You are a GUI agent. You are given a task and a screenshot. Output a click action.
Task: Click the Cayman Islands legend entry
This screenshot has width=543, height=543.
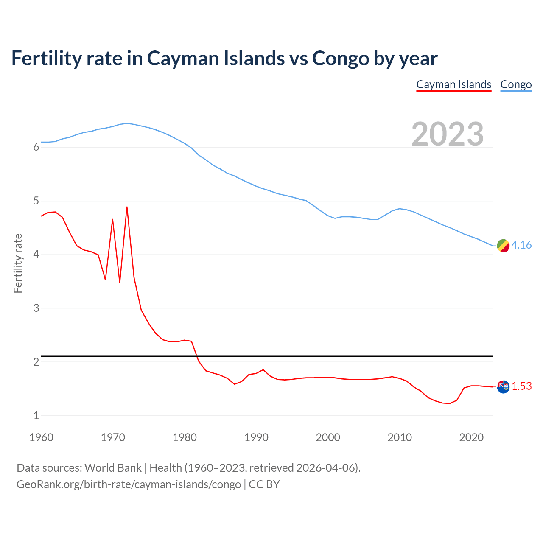point(453,84)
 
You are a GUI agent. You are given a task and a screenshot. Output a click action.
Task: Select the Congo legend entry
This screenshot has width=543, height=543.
point(516,84)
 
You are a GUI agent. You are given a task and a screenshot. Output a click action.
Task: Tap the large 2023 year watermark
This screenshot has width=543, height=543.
point(448,134)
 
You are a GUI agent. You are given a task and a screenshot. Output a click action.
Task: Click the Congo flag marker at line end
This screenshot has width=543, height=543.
point(503,245)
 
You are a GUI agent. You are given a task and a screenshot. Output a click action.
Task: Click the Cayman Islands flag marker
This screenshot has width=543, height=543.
point(503,386)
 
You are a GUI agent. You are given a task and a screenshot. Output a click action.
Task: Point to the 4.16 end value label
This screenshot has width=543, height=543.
point(521,245)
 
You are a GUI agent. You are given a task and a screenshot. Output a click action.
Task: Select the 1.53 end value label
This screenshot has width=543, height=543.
point(521,386)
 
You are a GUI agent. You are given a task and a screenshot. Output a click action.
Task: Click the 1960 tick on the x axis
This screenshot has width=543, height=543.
point(41,437)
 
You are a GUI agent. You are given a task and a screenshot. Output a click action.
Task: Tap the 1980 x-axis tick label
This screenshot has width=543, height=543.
point(185,437)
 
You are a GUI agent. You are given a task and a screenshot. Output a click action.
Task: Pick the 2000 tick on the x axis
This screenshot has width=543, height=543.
point(328,437)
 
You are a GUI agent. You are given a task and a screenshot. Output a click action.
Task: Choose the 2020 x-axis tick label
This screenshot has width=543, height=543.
point(471,437)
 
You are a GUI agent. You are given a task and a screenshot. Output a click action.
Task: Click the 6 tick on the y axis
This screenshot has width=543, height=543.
point(36,147)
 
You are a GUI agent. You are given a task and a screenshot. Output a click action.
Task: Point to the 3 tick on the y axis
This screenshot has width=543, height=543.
point(36,308)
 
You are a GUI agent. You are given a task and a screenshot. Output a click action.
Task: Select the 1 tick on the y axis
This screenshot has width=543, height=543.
point(36,415)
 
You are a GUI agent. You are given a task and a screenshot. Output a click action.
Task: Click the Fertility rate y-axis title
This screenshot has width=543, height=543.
point(18,263)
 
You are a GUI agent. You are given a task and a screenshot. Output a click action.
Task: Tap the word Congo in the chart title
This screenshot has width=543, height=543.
point(341,59)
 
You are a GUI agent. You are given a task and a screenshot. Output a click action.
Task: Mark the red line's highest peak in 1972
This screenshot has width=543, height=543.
point(127,207)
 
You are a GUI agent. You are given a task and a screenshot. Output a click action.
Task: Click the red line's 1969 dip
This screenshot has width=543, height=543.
point(105,280)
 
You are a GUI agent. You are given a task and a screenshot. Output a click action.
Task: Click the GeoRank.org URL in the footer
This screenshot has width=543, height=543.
point(129,484)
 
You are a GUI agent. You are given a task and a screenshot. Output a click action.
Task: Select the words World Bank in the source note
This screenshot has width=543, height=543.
point(113,468)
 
